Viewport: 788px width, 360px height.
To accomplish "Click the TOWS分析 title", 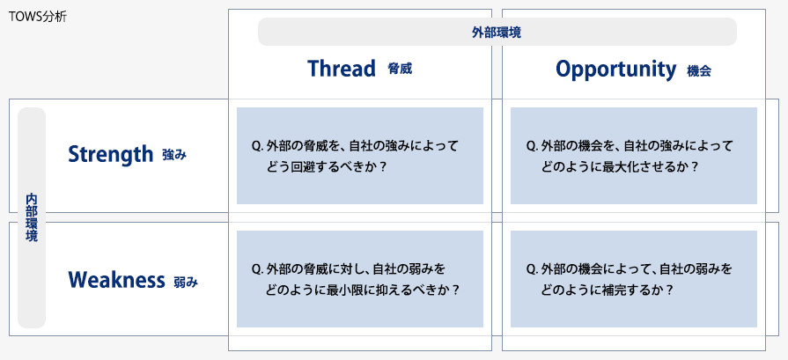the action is [x=38, y=17].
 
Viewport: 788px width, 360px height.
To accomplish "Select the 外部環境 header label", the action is [x=497, y=33].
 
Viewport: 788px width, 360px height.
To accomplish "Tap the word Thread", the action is [x=342, y=69].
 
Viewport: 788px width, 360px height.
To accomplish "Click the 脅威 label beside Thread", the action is [x=400, y=69].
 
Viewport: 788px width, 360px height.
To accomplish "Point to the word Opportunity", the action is [x=615, y=70].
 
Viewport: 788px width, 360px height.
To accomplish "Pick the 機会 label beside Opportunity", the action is [x=699, y=70].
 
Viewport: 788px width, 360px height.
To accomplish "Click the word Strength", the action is [x=110, y=154].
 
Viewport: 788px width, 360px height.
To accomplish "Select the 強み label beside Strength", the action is [x=174, y=155].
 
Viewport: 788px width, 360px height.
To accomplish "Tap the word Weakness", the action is [x=116, y=280].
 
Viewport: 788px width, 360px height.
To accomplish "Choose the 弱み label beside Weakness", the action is [x=186, y=283].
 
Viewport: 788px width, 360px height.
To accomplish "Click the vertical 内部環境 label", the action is [x=32, y=218].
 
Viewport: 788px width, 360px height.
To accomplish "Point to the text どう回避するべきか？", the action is [x=326, y=167].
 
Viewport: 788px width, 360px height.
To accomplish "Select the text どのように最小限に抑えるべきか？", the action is [x=363, y=290].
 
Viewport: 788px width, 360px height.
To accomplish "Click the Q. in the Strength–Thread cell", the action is [x=258, y=147].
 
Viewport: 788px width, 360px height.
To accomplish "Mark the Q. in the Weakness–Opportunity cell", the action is [x=532, y=270].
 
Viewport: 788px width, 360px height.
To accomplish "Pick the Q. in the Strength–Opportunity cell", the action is [x=532, y=147].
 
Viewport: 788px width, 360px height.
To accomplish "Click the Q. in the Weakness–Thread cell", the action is [x=258, y=270].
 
